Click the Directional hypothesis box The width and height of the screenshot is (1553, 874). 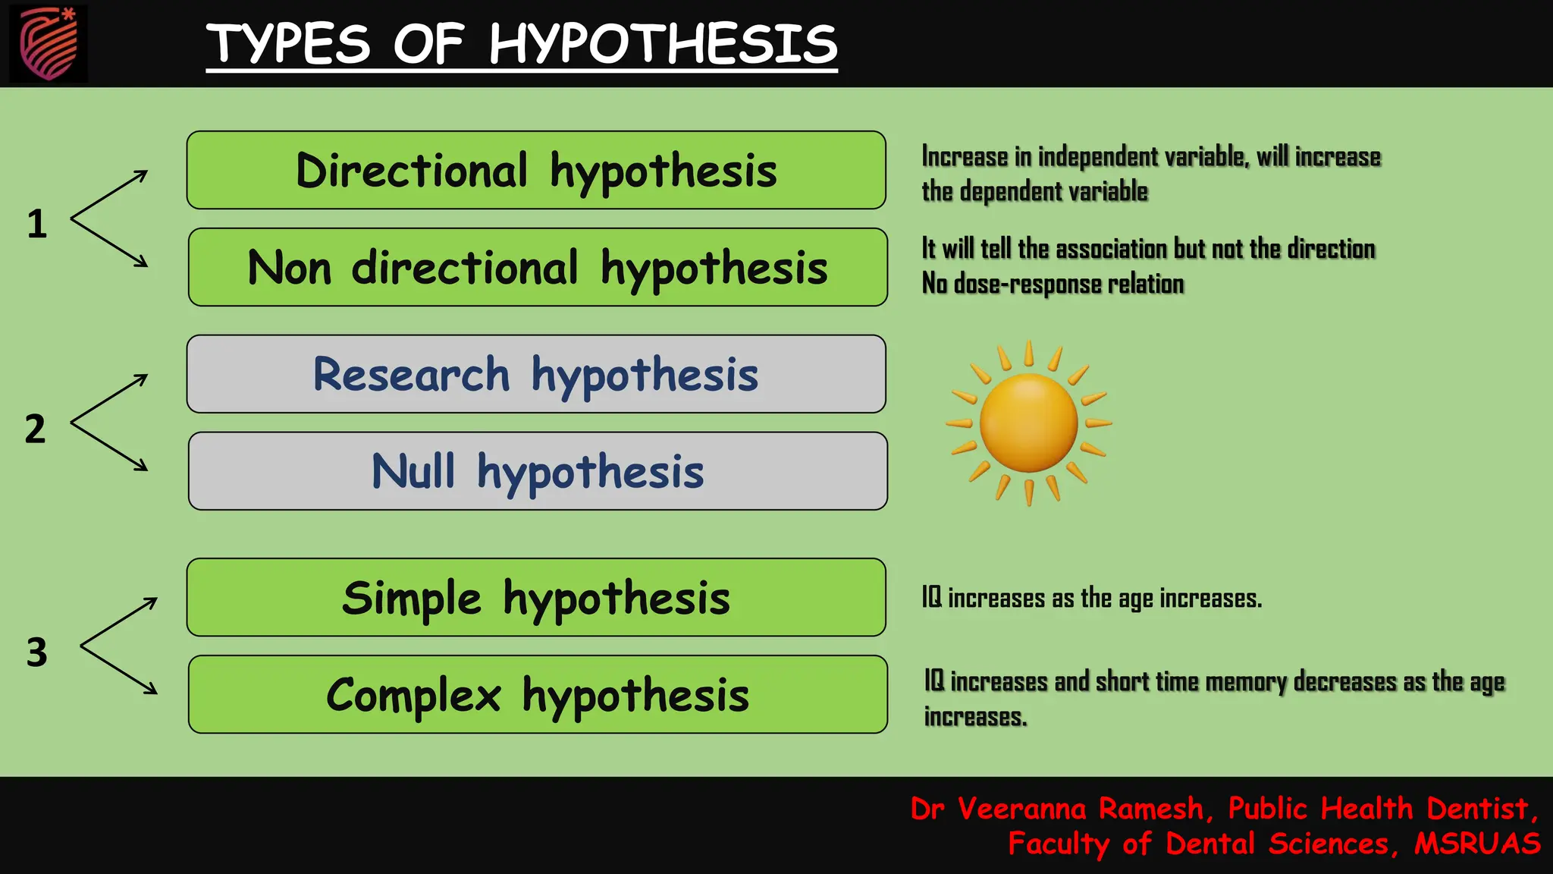tap(536, 170)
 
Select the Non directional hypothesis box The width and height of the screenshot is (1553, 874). tap(538, 267)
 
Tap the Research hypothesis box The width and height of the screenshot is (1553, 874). tap(536, 374)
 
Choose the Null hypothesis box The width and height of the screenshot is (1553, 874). tap(538, 471)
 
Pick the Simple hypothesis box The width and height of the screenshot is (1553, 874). tap(536, 597)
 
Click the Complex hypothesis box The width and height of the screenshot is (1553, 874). tap(538, 694)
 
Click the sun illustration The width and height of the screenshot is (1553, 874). tap(1028, 423)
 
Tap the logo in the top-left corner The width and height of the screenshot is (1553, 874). tap(49, 43)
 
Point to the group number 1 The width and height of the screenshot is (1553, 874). tap(36, 224)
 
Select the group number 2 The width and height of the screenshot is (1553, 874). tap(35, 429)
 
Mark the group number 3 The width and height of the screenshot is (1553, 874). tap(36, 652)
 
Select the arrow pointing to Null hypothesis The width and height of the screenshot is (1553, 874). tap(110, 446)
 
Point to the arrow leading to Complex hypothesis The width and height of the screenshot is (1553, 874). tap(119, 669)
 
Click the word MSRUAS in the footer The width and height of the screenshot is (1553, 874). tap(1476, 844)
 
